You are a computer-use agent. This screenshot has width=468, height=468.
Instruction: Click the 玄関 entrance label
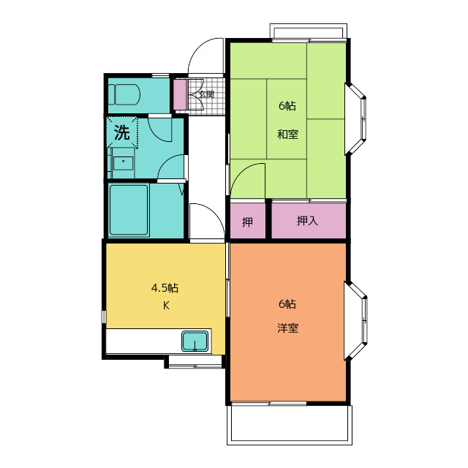(x=206, y=94)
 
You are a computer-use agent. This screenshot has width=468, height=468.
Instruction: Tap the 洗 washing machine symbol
(x=122, y=132)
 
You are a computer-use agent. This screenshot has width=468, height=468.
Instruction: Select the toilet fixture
(x=124, y=94)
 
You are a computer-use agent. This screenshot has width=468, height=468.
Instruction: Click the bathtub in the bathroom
(x=129, y=210)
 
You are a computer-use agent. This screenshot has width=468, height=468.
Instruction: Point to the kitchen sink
(x=195, y=341)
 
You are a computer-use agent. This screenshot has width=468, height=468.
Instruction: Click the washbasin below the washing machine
(x=124, y=162)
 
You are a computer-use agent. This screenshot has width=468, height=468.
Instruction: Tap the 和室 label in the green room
(x=287, y=135)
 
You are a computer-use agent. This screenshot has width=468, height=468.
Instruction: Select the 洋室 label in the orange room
(x=287, y=328)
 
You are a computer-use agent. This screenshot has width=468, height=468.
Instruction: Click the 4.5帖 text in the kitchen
(x=165, y=288)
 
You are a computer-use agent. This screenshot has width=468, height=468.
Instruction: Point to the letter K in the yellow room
(x=166, y=306)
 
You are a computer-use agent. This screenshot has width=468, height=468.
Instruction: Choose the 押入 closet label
(x=307, y=221)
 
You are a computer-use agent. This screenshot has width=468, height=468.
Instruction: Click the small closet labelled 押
(x=247, y=222)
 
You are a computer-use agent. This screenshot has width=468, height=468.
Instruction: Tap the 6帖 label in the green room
(x=287, y=105)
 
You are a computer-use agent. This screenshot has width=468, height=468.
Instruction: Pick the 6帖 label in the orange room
(x=287, y=304)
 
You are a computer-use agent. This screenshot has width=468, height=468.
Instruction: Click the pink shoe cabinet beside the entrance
(x=181, y=94)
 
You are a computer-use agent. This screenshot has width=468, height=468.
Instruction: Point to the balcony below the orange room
(x=290, y=424)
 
